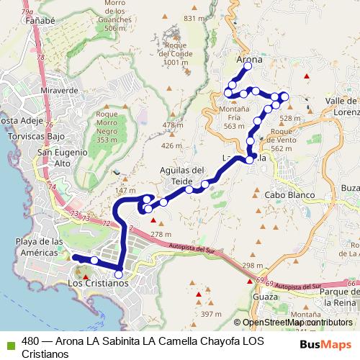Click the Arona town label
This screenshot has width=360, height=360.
click(249, 59)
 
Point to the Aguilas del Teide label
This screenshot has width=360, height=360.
click(182, 175)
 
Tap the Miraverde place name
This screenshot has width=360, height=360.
click(60, 91)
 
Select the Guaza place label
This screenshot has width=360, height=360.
click(265, 296)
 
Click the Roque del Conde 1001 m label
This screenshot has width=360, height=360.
click(176, 53)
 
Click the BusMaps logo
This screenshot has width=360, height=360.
click(326, 344)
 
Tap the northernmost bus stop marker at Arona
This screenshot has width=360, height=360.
click(248, 66)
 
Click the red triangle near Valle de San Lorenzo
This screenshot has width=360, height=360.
click(307, 76)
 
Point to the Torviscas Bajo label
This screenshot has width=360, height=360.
click(32, 136)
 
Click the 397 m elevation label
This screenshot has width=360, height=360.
click(211, 314)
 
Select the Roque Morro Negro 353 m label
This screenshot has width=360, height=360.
click(107, 126)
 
